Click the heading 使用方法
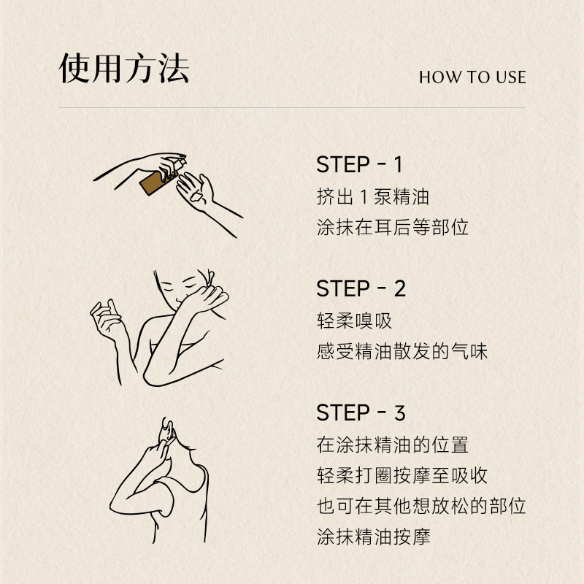124,69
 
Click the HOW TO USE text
472,77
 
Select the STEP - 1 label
359,164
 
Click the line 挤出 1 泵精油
372,196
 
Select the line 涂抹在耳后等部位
392,227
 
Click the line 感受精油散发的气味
401,352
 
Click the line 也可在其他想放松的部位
421,506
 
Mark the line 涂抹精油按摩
373,537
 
